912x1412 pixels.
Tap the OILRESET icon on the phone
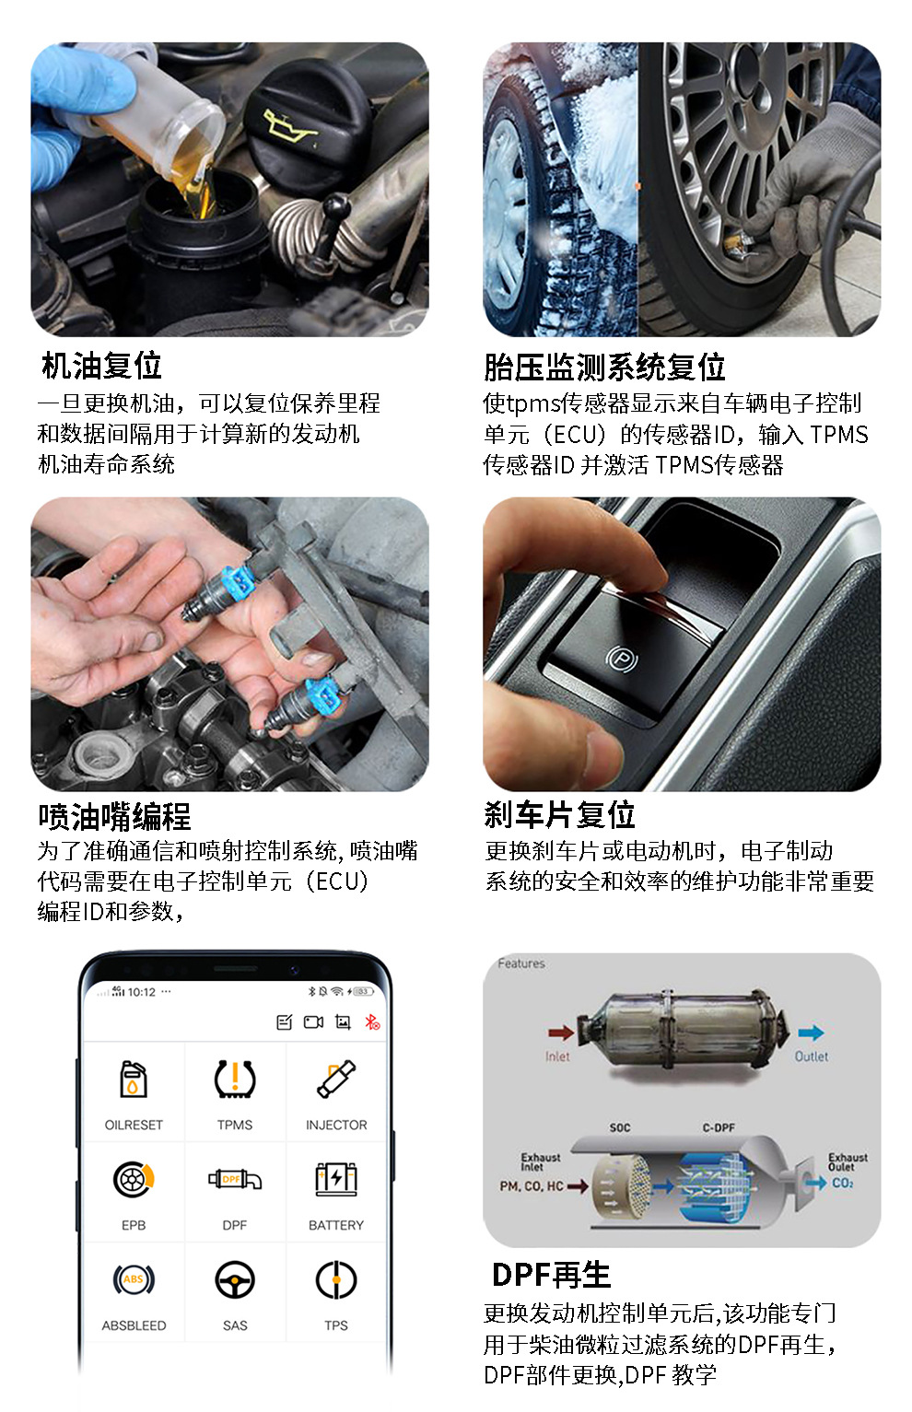[133, 1079]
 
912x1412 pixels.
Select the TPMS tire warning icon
[235, 1079]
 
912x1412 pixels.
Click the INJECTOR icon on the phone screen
[336, 1079]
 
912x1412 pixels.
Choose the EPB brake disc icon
[134, 1179]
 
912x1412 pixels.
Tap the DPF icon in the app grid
[235, 1179]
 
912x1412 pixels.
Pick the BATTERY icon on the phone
[336, 1179]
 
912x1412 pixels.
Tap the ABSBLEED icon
[134, 1279]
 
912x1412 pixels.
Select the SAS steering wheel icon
[235, 1279]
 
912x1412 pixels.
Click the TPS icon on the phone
[336, 1279]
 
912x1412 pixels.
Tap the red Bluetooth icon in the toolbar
[372, 1021]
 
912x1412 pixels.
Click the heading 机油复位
[101, 366]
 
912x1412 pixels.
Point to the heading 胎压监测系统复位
[604, 367]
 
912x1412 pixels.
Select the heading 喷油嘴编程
[115, 817]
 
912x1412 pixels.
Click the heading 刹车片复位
[560, 814]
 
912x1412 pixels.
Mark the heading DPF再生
[551, 1274]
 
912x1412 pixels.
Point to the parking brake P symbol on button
[622, 659]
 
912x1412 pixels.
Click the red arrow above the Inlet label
[560, 1032]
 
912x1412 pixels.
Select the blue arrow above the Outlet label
[812, 1032]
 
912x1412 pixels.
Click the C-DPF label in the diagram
[719, 1127]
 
